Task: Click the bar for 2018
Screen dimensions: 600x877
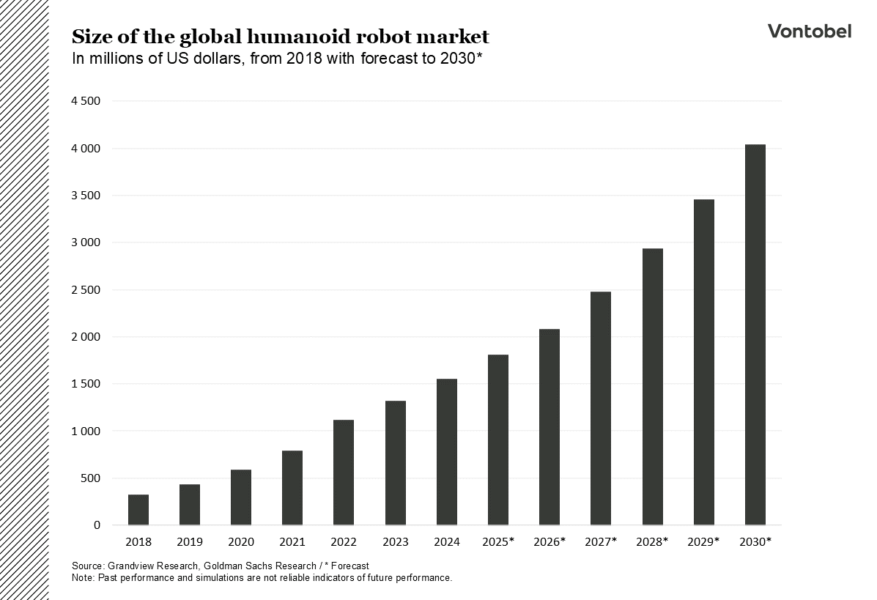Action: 138,510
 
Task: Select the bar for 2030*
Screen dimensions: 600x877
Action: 755,335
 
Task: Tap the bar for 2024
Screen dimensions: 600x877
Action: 446,452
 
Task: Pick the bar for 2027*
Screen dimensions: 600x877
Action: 601,408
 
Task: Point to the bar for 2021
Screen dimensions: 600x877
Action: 292,488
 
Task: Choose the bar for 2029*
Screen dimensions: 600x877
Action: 703,362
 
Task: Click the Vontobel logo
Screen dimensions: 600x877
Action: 809,31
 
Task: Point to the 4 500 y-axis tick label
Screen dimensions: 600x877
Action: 85,101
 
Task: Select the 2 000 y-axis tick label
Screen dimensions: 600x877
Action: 85,337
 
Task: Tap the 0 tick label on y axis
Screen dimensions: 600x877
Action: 96,525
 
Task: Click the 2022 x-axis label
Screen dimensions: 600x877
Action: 344,542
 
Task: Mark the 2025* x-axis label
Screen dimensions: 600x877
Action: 498,542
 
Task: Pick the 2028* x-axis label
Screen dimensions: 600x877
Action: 652,542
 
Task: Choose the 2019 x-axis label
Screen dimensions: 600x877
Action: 190,542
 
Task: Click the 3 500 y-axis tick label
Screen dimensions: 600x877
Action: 85,196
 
